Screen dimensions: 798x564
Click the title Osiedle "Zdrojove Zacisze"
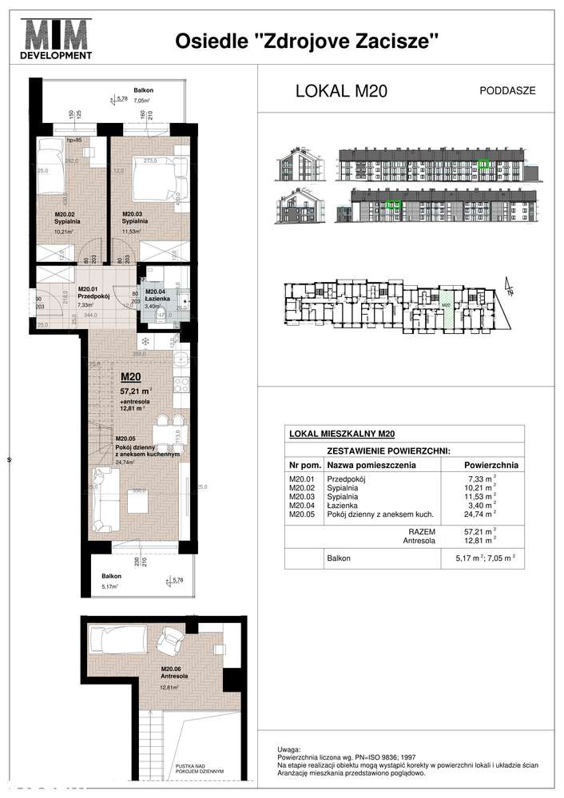click(x=308, y=42)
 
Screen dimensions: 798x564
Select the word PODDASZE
click(x=507, y=90)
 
